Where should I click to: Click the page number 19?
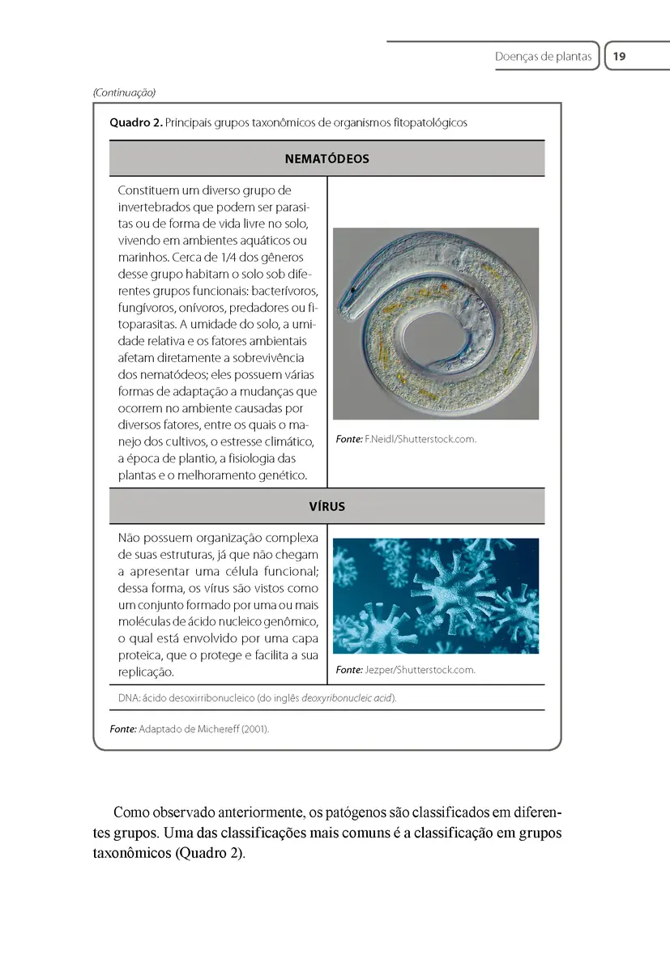(620, 57)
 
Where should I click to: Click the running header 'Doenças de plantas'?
(543, 57)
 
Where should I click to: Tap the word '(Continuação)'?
(124, 92)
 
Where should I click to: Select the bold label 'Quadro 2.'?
(135, 123)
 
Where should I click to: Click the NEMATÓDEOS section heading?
(326, 159)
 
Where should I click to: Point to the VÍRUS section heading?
(326, 506)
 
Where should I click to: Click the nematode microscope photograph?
(436, 323)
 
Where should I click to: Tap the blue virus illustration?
(436, 595)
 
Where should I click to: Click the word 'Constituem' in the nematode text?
(149, 191)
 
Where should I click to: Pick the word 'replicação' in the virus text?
(146, 672)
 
